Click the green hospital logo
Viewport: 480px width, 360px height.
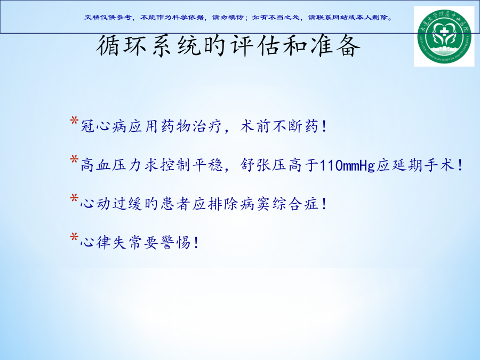[444, 36]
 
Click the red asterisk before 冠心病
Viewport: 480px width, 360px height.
[74, 121]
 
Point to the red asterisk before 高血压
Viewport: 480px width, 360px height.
[74, 160]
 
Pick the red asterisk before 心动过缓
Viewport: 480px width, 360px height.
[74, 198]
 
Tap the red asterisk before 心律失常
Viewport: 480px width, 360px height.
[74, 237]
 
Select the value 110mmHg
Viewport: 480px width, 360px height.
[347, 166]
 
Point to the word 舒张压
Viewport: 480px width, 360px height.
[263, 165]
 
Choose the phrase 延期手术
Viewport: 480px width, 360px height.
[423, 165]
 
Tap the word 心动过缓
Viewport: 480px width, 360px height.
[111, 204]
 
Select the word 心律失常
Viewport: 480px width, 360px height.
[111, 243]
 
